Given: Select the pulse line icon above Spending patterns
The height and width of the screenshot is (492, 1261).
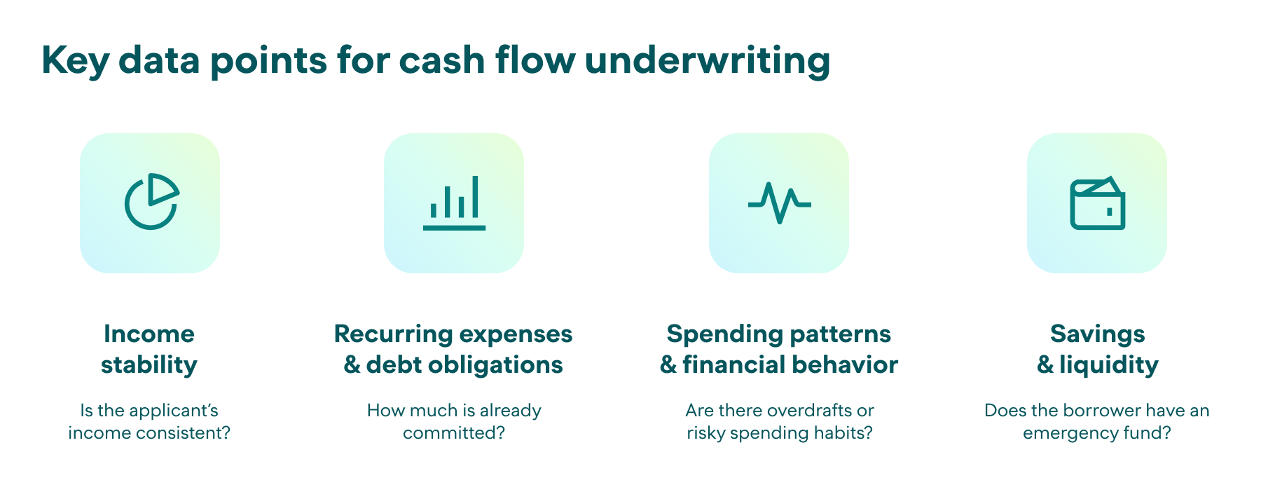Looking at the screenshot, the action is click(779, 203).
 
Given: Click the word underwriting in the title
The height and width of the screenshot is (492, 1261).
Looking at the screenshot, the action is click(708, 60).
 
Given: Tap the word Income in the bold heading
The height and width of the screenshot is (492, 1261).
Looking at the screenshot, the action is click(149, 334).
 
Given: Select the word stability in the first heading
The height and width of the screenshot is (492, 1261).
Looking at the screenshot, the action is click(149, 364).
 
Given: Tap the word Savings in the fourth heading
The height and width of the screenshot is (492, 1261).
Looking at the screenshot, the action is click(1098, 335).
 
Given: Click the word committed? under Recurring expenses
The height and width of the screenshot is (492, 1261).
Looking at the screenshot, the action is click(454, 433).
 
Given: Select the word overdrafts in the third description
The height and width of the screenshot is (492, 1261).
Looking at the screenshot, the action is click(812, 410).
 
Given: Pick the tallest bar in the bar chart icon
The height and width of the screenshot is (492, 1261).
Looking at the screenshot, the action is click(476, 197).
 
